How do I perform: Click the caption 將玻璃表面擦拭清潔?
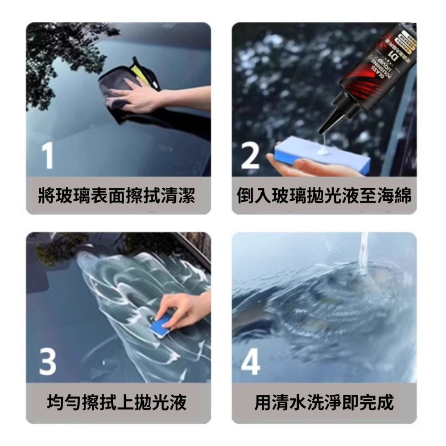(117, 195)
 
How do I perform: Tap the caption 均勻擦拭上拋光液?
(117, 403)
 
